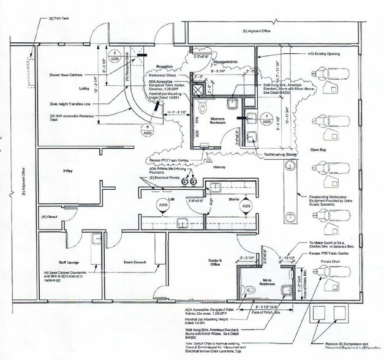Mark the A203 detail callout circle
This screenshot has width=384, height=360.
[x=246, y=206]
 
